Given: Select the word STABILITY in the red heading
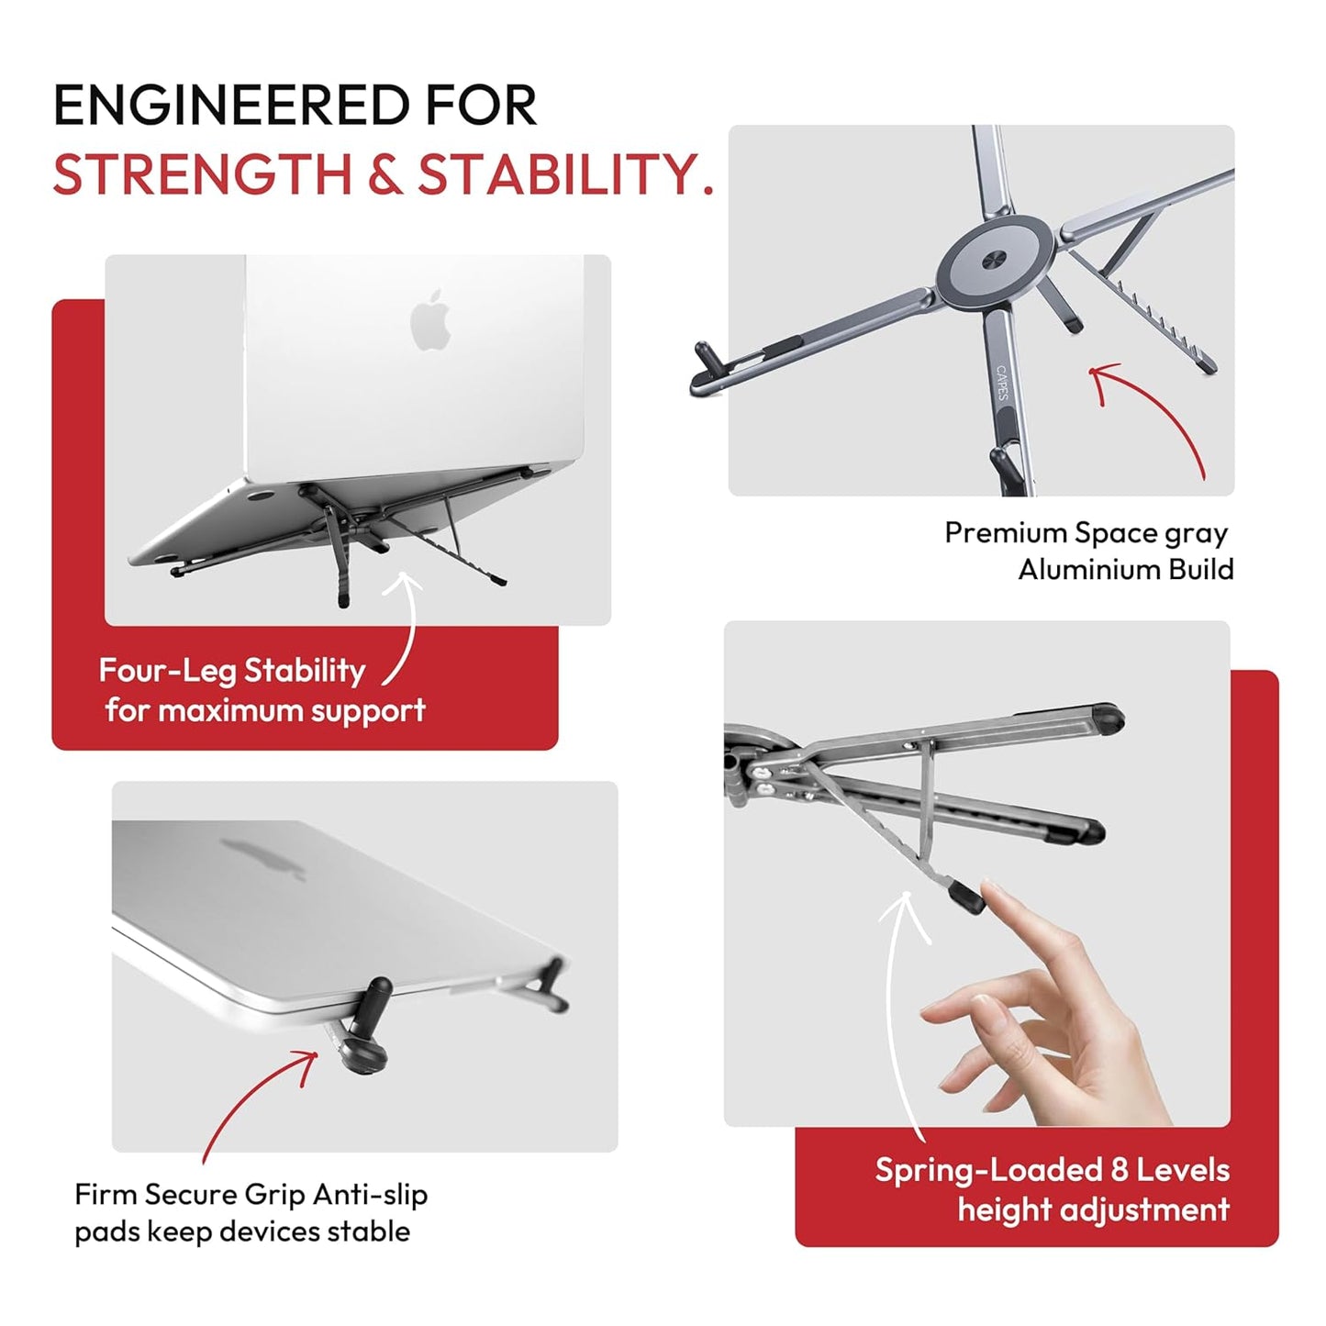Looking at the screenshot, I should [x=565, y=174].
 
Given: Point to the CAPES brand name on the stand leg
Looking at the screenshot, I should [x=1002, y=383].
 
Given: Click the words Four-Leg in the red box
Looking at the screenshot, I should [x=167, y=671].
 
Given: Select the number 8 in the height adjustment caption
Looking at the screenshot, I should [x=1119, y=1170].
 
